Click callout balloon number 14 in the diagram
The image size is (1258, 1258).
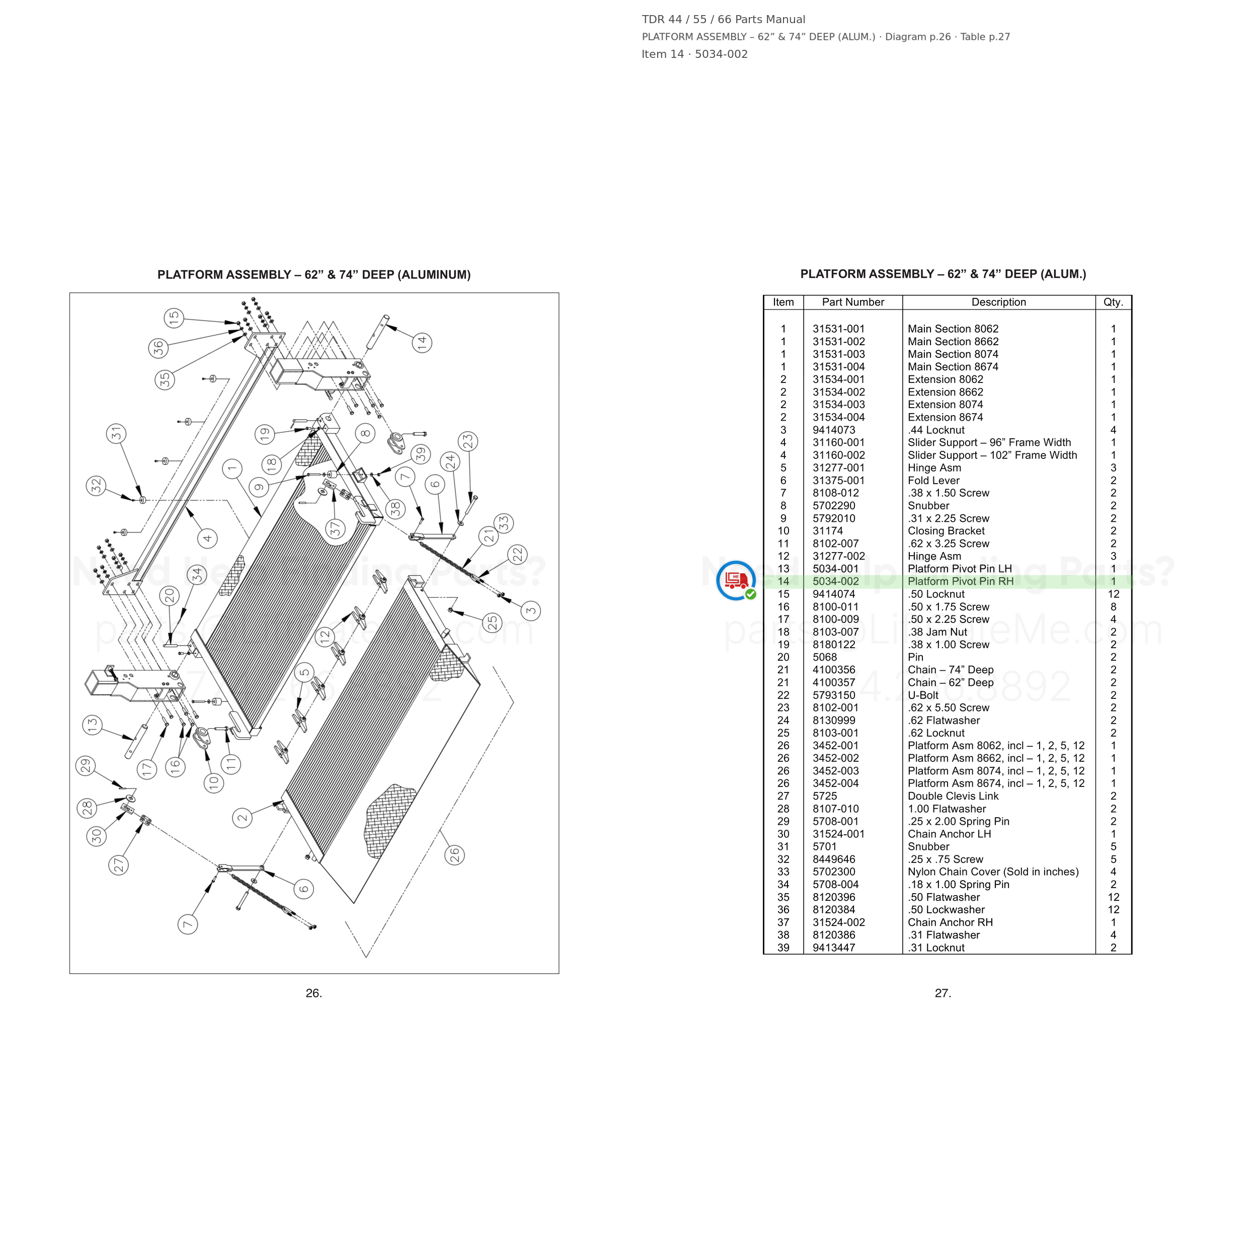point(422,343)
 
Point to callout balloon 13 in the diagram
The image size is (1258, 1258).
point(93,725)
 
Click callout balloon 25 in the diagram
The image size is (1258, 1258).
point(493,622)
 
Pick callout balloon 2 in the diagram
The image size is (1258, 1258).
point(243,818)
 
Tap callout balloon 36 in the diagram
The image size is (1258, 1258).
point(158,348)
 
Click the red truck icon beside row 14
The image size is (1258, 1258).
point(736,580)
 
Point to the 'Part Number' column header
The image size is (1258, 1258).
point(853,302)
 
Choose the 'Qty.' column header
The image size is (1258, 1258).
point(1114,302)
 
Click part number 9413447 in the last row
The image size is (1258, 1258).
point(834,948)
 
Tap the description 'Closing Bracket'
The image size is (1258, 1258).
point(946,531)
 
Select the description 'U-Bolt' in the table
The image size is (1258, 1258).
point(923,695)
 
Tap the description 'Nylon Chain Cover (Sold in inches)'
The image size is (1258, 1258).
point(993,872)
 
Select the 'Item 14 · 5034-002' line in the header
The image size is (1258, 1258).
point(695,54)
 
